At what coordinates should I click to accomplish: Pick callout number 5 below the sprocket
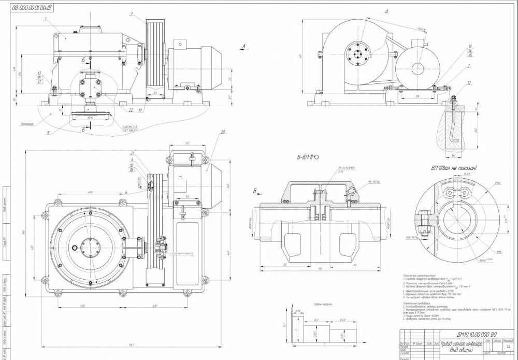tap(48, 132)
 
